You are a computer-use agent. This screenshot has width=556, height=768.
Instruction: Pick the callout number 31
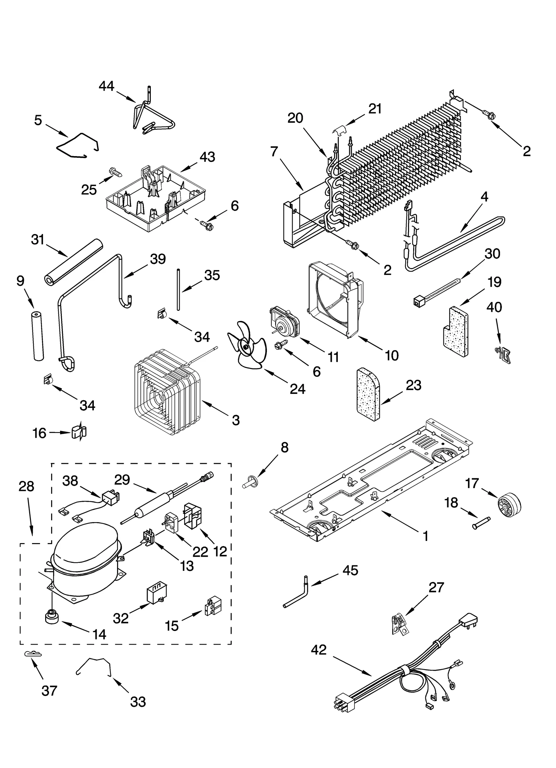(38, 240)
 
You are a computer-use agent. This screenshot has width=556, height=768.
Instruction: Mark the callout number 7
(274, 152)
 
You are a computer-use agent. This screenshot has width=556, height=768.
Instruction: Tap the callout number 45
(350, 571)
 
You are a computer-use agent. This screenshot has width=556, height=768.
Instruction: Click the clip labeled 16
(79, 432)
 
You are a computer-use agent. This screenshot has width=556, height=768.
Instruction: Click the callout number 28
(26, 486)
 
